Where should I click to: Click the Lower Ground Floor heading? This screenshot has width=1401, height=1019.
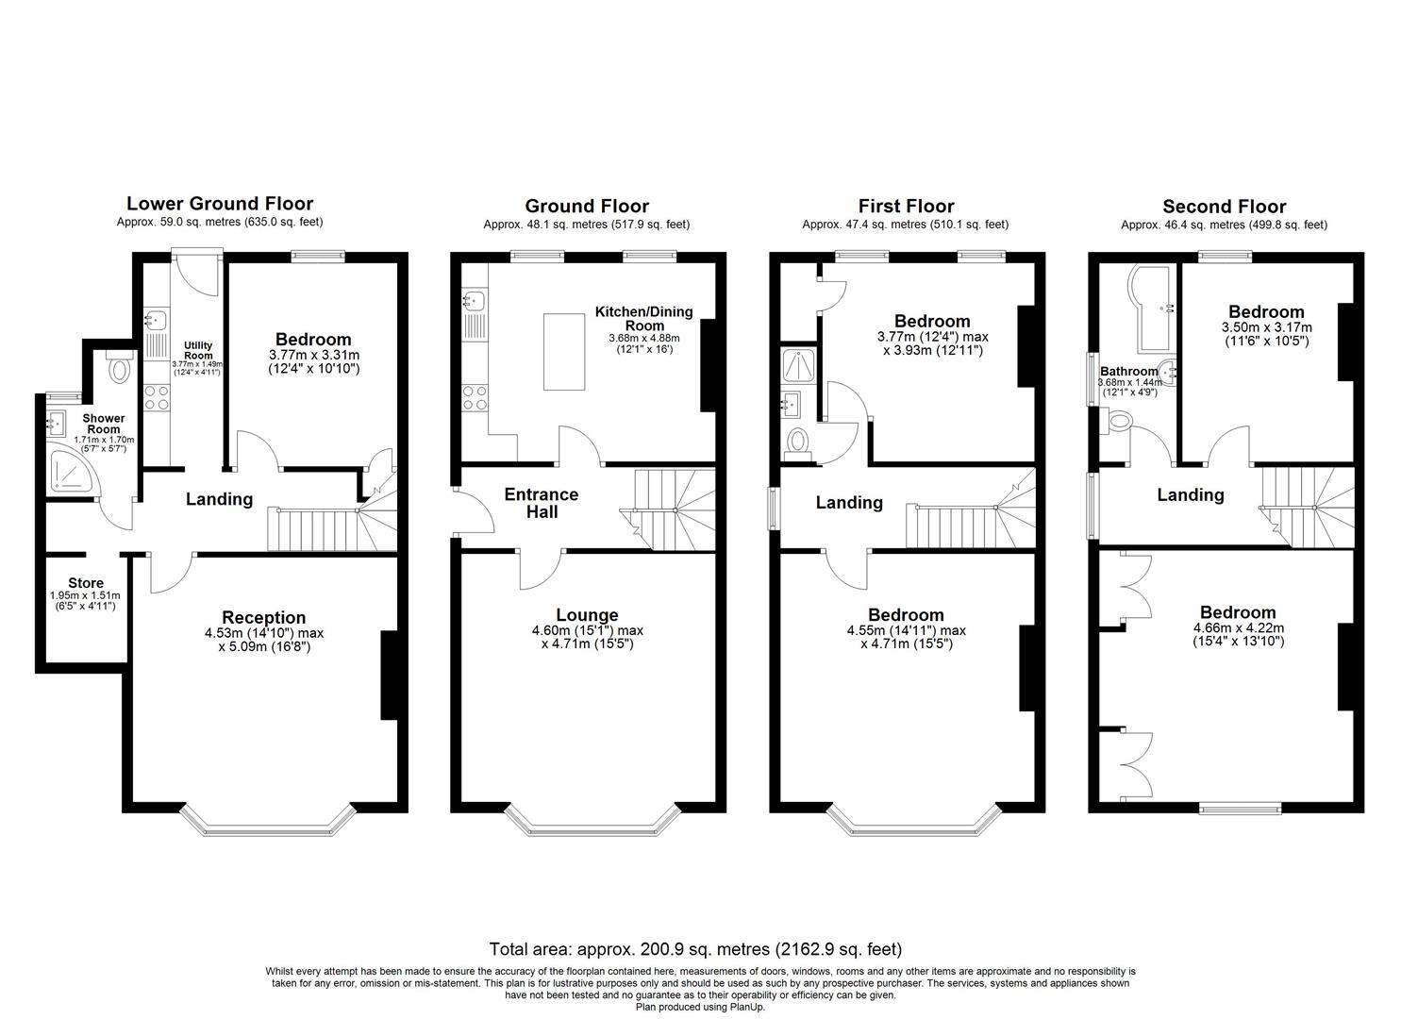click(220, 203)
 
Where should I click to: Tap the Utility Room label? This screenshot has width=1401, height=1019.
click(198, 350)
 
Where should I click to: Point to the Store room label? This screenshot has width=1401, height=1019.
click(86, 583)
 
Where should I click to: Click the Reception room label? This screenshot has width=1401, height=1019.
click(264, 617)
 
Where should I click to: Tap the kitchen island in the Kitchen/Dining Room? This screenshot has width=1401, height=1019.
click(564, 352)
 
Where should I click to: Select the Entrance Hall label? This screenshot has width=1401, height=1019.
click(542, 503)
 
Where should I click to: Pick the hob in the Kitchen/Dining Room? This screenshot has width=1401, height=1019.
click(475, 398)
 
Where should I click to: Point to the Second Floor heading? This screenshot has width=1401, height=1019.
click(1224, 207)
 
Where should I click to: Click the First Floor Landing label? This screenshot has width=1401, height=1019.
click(849, 502)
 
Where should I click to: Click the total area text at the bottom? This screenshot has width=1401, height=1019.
click(695, 949)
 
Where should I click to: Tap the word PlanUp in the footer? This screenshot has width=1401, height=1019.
click(747, 1007)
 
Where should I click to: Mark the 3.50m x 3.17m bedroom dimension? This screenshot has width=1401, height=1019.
click(1266, 327)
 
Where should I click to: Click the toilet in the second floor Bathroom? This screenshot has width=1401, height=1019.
click(1116, 421)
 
